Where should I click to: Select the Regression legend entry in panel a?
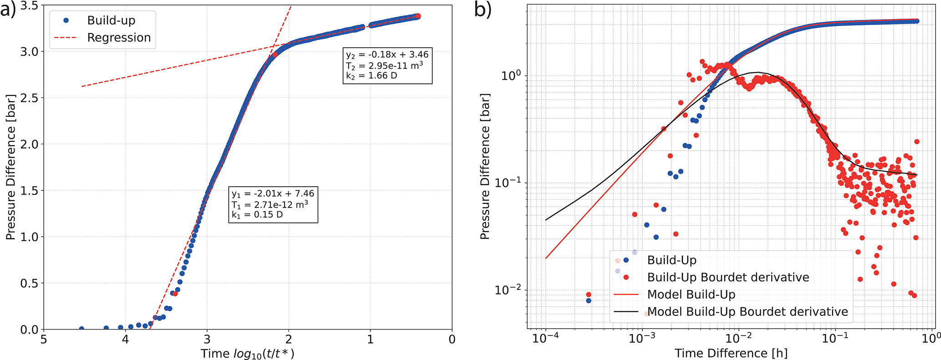coord(119,38)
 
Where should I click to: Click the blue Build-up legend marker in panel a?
coord(66,20)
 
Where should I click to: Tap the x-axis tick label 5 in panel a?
coord(44,340)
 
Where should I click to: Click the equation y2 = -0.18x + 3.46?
coord(387,55)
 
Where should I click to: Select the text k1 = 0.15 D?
coord(257,214)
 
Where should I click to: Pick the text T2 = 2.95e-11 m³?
coord(384,65)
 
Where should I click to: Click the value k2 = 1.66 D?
coord(371,76)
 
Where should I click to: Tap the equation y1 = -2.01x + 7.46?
coord(273,193)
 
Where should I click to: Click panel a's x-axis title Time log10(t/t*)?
coord(248,354)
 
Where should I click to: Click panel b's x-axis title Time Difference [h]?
coord(731,354)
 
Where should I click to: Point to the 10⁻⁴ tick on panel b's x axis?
coord(545,339)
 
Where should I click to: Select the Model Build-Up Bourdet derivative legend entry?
coord(748,312)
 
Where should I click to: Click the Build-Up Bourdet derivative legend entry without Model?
coord(728,277)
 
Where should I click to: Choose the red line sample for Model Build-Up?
coord(626,294)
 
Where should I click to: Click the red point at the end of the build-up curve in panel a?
coord(418,16)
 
